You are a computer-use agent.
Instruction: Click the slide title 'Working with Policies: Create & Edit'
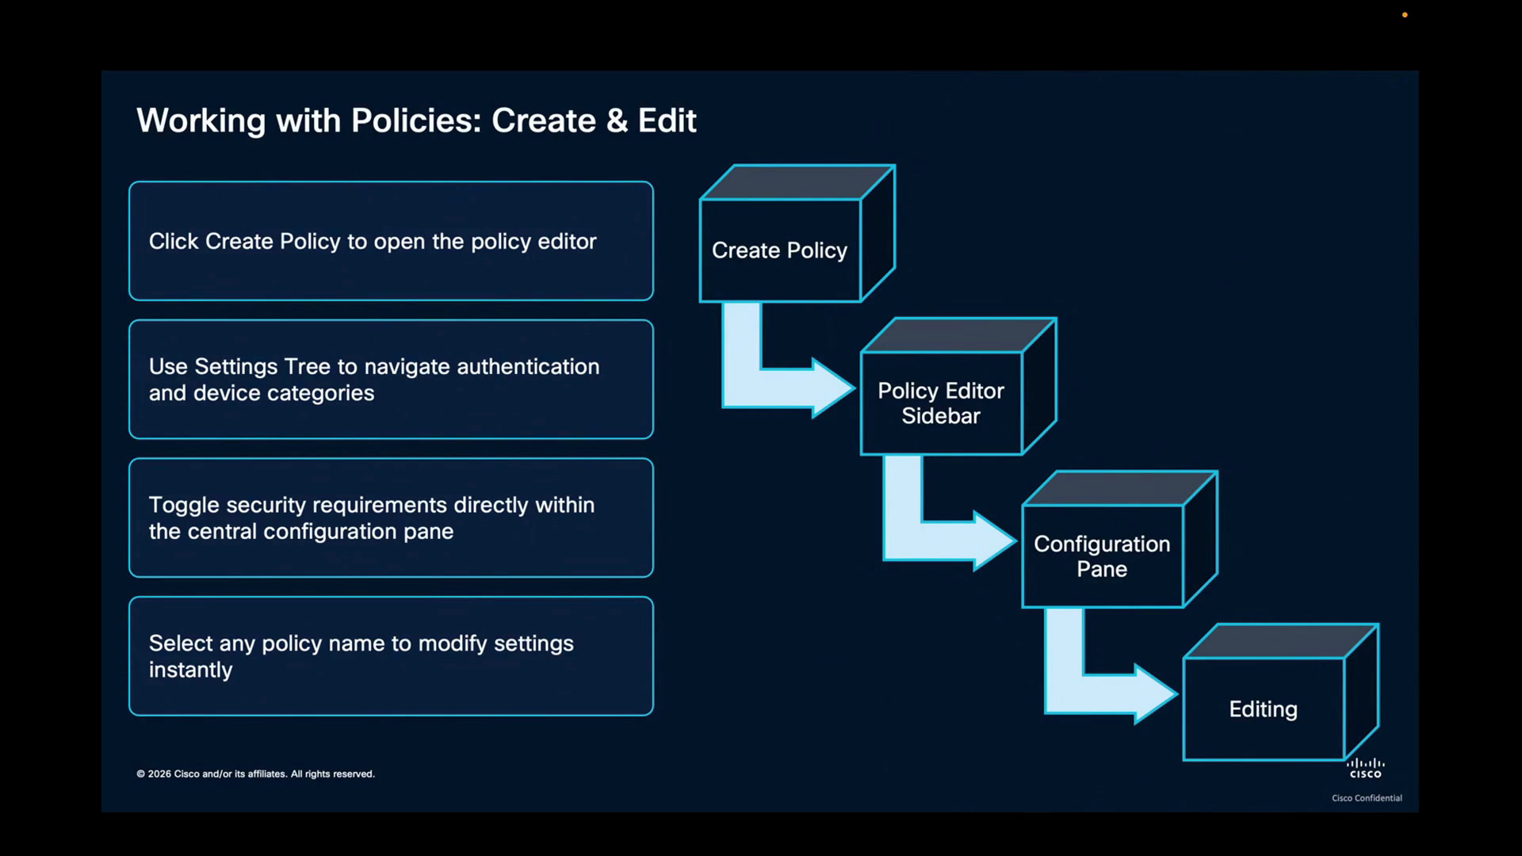416,121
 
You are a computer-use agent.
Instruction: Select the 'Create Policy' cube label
779,250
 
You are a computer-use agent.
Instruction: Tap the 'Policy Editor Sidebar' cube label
941,403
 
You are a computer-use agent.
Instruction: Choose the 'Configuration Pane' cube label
1102,556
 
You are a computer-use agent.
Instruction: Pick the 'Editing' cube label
1263,709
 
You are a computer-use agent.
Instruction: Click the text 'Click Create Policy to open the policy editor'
373,242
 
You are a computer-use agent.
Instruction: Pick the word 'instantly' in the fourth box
191,670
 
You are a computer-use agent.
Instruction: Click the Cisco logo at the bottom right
1366,768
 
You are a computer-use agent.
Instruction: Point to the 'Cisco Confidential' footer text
1367,798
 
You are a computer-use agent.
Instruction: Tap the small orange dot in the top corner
1405,15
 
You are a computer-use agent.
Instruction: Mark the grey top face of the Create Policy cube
797,182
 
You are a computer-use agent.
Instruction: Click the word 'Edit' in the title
667,121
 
